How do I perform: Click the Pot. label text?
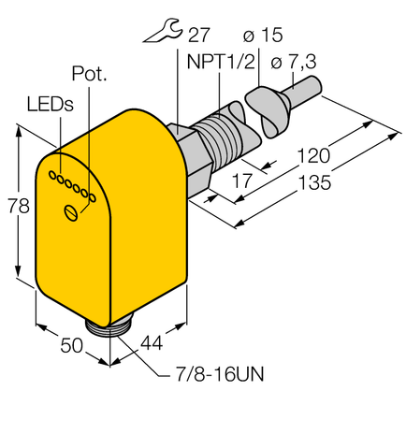pyautogui.click(x=89, y=73)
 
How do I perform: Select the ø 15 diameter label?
pyautogui.click(x=265, y=36)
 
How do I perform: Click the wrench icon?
pyautogui.click(x=162, y=37)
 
